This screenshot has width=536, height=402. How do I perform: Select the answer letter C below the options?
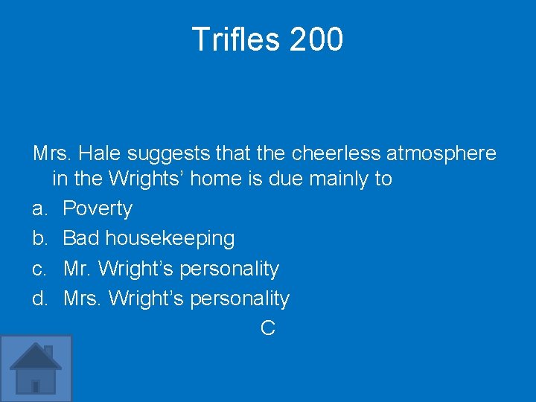268,328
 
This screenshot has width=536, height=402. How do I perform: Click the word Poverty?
98,208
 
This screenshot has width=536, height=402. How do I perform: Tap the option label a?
39,208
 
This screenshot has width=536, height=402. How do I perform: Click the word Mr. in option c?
78,268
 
